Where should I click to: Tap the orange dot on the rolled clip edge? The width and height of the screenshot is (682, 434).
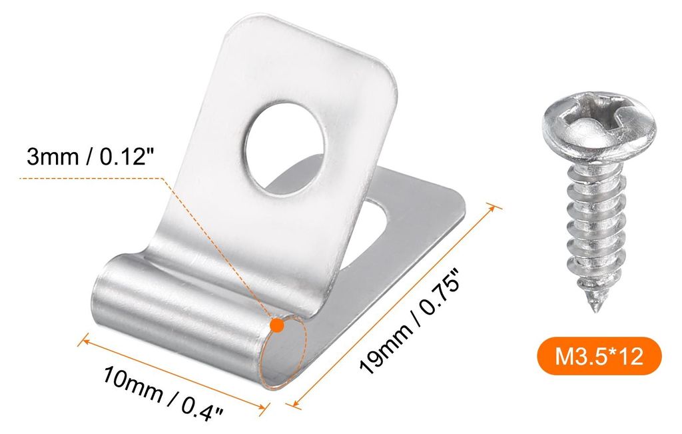click(x=277, y=325)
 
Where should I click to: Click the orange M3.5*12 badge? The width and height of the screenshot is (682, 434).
click(x=599, y=356)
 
